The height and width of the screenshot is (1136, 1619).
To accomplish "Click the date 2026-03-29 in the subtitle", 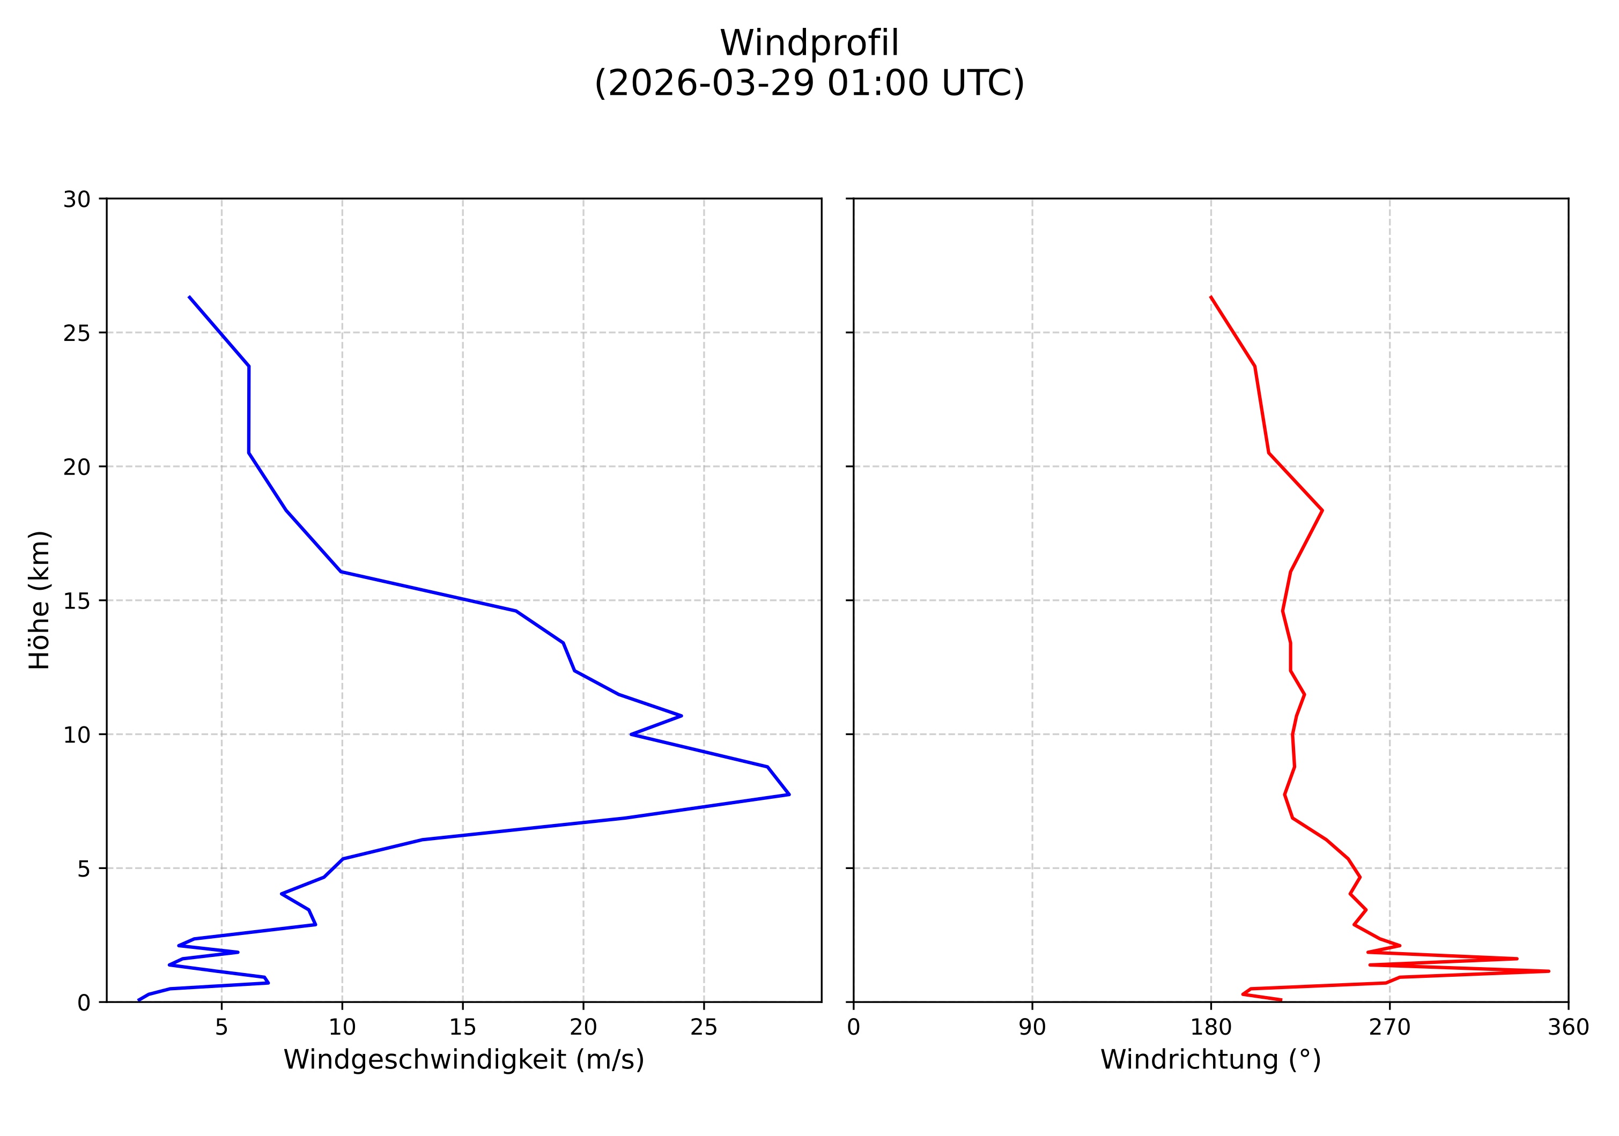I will tap(707, 84).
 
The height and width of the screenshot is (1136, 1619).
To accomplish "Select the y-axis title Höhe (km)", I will tap(40, 600).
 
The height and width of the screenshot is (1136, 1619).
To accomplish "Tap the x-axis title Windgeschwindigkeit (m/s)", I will tap(463, 1060).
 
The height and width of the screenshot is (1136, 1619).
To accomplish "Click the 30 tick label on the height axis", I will tap(77, 199).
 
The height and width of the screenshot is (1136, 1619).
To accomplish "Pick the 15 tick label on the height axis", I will tap(77, 601).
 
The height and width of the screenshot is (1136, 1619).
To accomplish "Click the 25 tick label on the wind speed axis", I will tap(703, 1028).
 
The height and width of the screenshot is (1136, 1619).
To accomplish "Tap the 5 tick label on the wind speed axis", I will tap(221, 1028).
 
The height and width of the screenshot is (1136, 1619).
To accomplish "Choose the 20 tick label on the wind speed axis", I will tap(583, 1028).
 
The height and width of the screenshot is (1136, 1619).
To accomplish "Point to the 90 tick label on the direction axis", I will tap(1032, 1028).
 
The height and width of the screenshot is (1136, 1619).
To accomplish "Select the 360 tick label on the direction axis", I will tap(1568, 1028).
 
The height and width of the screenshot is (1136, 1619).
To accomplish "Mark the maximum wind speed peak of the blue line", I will tap(788, 794).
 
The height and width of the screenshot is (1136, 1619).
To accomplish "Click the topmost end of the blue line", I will tap(189, 298).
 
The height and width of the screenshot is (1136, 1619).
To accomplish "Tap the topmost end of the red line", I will tap(1211, 298).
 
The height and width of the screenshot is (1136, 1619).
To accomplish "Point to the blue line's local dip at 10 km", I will tap(631, 734).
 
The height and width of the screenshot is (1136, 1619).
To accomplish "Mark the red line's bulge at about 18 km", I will tap(1321, 510).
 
